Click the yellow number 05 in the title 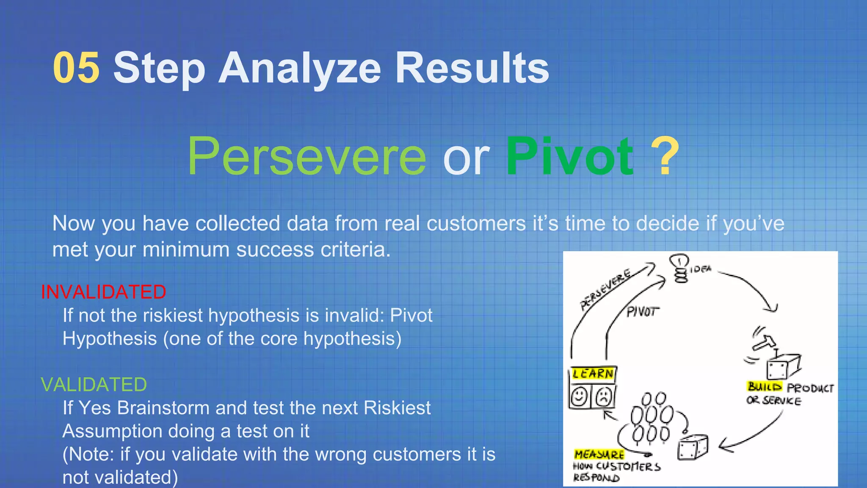76,68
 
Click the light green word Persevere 306,156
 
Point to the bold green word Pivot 570,156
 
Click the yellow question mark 665,156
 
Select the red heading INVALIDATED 103,292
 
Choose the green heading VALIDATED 94,385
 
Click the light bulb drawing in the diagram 679,267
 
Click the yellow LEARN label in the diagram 592,374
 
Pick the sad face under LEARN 604,397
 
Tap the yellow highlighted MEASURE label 599,455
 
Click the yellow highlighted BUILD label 764,386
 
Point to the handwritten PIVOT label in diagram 642,312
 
